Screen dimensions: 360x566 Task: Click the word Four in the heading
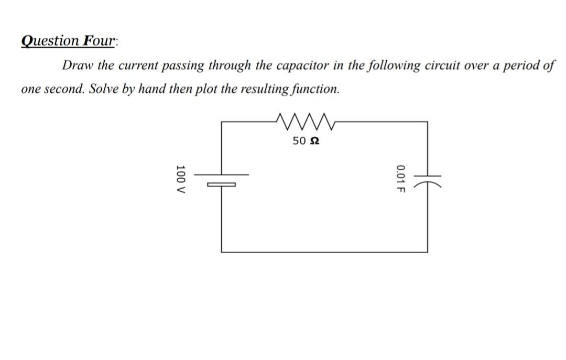99,41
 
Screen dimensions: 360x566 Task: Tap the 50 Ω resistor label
306,141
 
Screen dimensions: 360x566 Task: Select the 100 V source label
181,180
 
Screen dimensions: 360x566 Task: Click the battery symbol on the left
221,179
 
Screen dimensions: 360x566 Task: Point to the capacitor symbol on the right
427,180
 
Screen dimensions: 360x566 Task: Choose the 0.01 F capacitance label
400,179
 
